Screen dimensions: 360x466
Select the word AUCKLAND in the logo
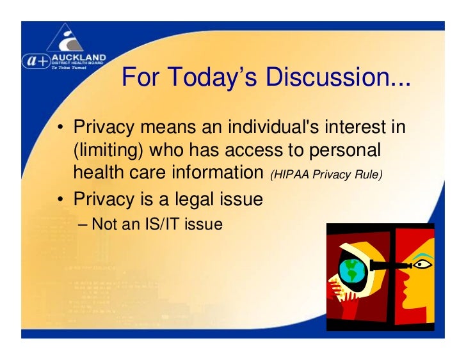[80, 57]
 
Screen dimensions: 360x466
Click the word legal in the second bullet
[185, 199]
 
